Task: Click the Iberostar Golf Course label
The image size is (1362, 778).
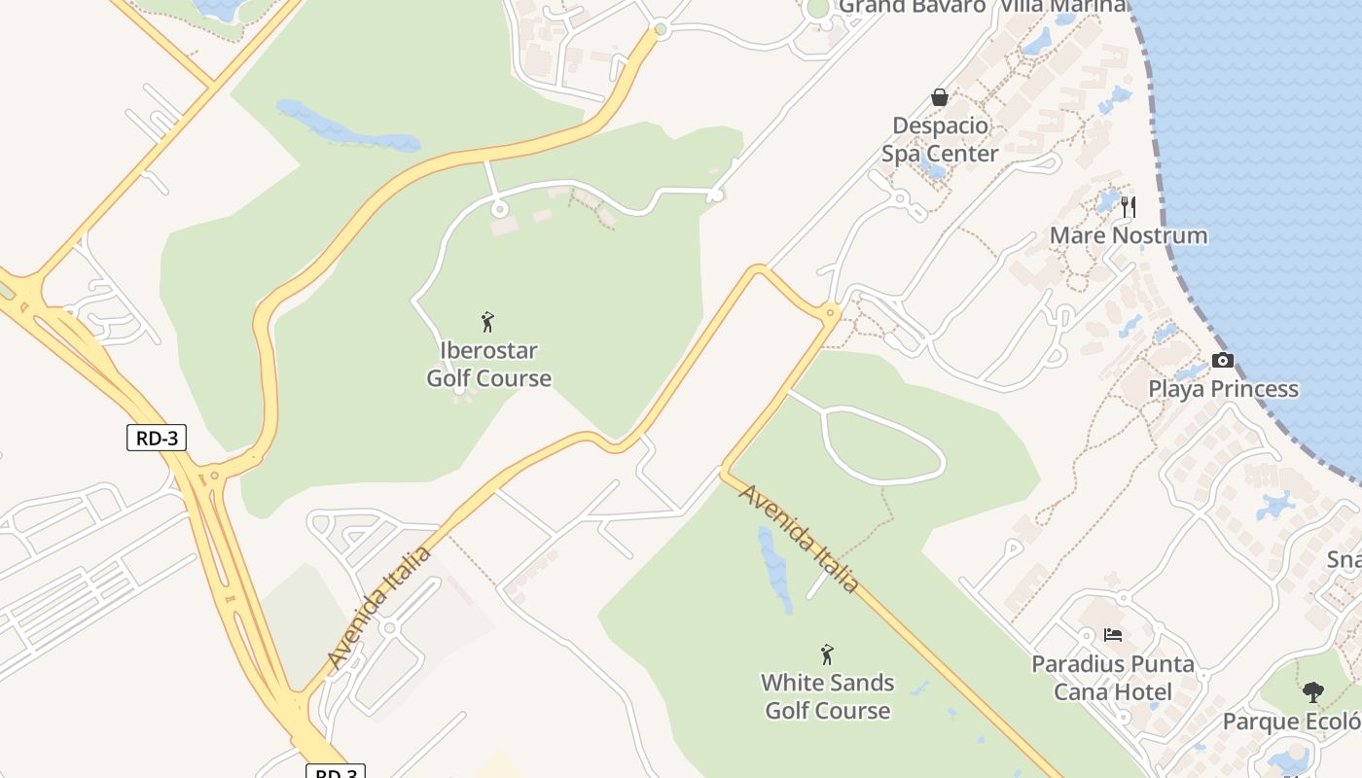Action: point(488,365)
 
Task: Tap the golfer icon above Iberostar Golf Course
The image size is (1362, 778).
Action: point(488,322)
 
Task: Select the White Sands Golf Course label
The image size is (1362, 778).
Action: point(827,696)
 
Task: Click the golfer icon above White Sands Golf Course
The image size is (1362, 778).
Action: point(827,654)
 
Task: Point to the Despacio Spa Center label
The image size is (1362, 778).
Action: point(940,140)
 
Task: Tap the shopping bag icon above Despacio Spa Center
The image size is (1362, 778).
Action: point(940,97)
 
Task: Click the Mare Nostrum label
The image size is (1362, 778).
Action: point(1129,236)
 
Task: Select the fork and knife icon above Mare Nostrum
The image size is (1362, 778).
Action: point(1129,206)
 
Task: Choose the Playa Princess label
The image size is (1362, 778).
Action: point(1223,389)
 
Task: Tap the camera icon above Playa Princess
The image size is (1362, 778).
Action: point(1223,361)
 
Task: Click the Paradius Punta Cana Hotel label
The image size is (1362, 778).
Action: point(1113,678)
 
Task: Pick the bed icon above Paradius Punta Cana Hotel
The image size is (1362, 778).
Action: point(1113,635)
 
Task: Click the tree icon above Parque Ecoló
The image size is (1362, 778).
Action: point(1312,692)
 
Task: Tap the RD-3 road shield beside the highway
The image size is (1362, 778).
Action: point(156,438)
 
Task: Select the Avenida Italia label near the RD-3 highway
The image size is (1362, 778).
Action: point(379,608)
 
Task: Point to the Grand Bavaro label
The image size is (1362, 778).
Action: point(912,7)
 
